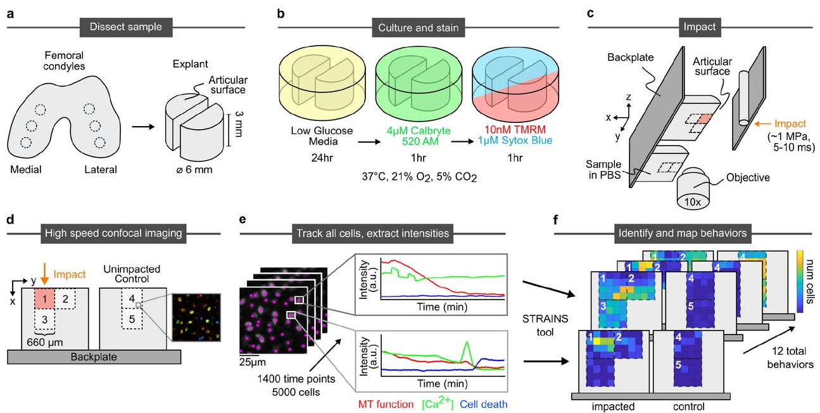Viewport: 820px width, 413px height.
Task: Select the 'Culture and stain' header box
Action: (x=410, y=28)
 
